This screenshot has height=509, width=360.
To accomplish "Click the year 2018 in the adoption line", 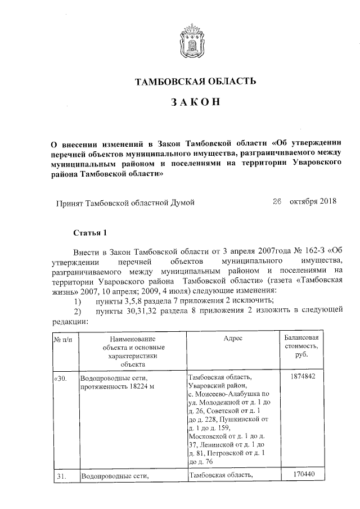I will point(326,201).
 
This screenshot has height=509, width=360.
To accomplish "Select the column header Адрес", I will point(232,339).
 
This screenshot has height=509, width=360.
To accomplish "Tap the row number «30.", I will point(61,378).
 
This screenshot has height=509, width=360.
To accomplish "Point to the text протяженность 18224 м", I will point(117,387).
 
